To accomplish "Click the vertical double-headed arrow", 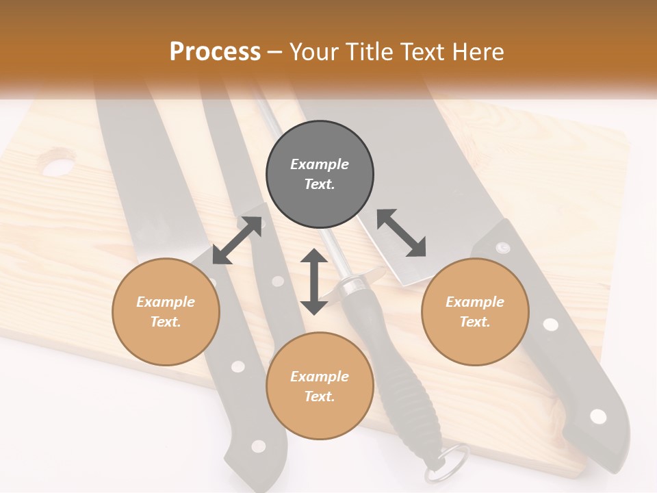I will (314, 281).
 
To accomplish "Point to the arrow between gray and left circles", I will (237, 240).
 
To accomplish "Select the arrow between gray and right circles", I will (402, 233).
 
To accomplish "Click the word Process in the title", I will (215, 52).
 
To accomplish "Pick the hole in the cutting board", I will (57, 165).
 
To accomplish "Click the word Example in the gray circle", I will (320, 164).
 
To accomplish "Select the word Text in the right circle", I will (474, 322).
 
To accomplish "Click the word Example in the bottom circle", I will (320, 377).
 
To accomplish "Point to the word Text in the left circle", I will (166, 322).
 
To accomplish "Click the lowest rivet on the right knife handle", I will (597, 416).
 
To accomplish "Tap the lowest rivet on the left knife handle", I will (258, 446).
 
